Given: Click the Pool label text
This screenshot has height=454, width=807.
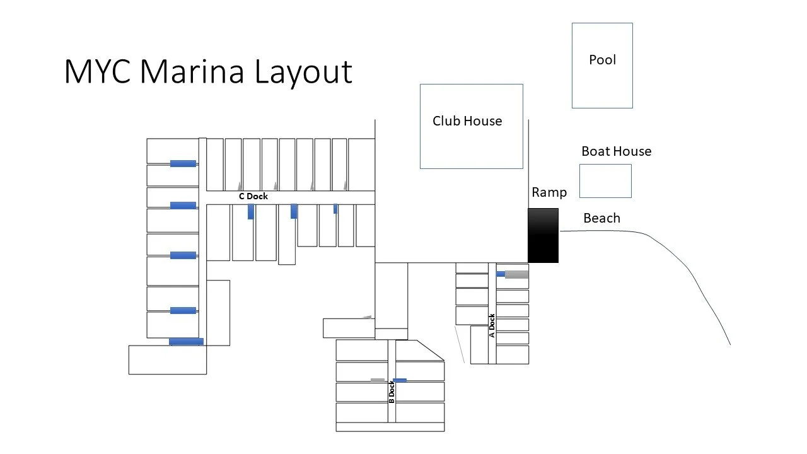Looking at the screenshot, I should coord(602,60).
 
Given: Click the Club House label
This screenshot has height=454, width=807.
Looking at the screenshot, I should coord(467,121).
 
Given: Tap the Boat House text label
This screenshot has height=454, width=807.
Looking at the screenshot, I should coord(616,151).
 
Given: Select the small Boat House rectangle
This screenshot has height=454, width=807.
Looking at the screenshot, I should coord(605,181).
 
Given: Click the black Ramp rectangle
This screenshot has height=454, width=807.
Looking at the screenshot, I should coord(543,235).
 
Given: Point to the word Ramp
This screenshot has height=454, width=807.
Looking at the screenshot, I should coord(549,192).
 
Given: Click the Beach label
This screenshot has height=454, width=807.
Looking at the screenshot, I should coord(601,218).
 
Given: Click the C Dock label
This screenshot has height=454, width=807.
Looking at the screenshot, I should coord(253,196).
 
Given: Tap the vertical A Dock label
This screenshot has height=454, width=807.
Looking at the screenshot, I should coord(492,326).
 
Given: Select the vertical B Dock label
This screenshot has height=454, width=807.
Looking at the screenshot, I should coord(392,392).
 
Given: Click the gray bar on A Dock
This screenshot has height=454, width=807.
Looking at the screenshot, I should coord(517,274).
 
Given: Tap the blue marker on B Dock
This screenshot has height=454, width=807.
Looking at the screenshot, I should coord(400,380).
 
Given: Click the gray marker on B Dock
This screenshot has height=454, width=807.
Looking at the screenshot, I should coord(377,380).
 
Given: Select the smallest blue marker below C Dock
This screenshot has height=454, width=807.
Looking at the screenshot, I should coord(335,209).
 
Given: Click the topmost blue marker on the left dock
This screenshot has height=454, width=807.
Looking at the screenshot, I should coord(183,164).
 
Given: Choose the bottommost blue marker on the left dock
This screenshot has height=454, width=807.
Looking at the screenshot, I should coord(186,342).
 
